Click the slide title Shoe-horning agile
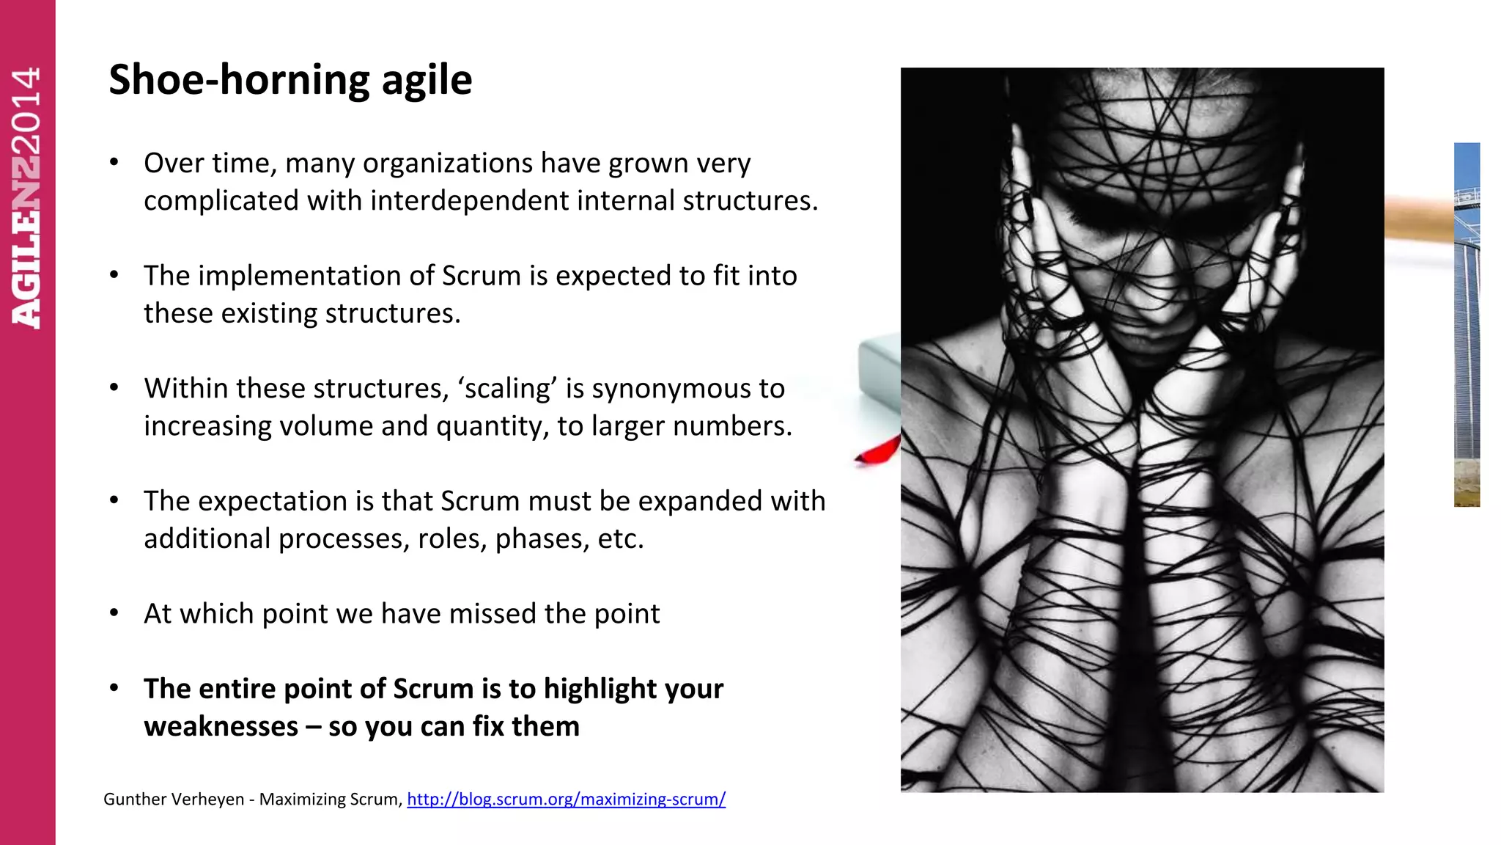coord(290,79)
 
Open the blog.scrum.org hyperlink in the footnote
coord(566,799)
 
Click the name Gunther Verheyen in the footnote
coord(174,799)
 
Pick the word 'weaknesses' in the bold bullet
coord(221,726)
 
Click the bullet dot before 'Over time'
coord(114,162)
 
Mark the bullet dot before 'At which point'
coord(114,612)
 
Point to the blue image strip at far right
coord(1467,323)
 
